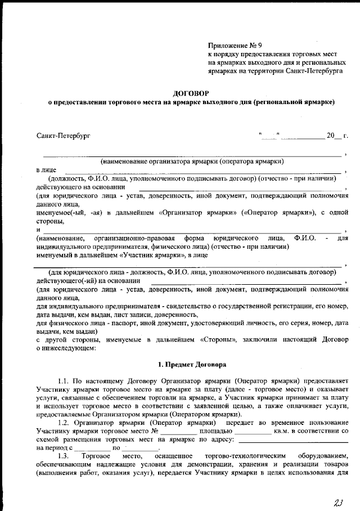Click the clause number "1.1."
pyautogui.click(x=62, y=381)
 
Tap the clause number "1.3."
pyautogui.click(x=62, y=455)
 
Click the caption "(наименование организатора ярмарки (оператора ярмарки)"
pyautogui.click(x=191, y=161)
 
